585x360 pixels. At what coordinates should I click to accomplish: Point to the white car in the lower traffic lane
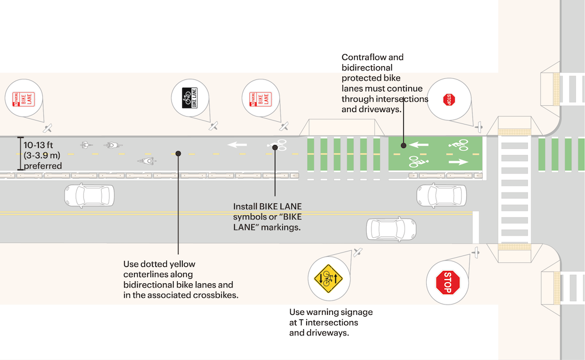[391, 229]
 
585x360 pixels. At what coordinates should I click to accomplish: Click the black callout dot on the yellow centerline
[179, 154]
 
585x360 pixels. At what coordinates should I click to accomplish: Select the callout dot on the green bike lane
[404, 145]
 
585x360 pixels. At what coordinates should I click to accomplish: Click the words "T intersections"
[334, 323]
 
